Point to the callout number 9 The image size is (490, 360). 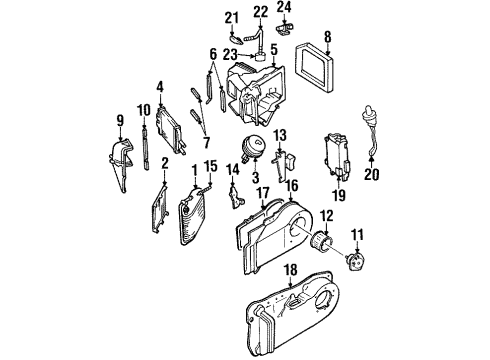click(121, 122)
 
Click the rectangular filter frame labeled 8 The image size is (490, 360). click(324, 71)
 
